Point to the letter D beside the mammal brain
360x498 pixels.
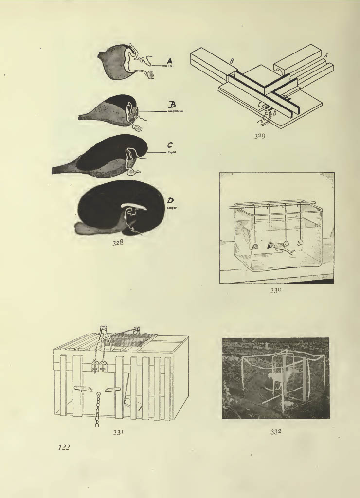click(171, 200)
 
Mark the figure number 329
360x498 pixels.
click(259, 136)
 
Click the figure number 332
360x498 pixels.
click(275, 430)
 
